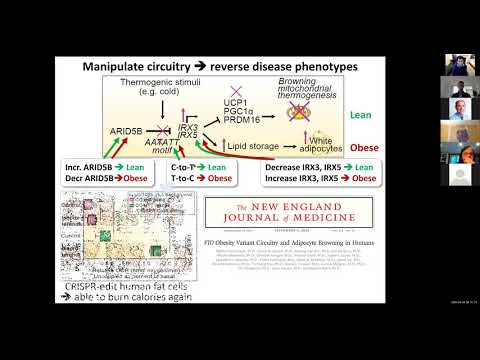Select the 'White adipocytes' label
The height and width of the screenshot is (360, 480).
click(x=321, y=147)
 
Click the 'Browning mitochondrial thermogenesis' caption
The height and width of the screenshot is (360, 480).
click(x=323, y=92)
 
